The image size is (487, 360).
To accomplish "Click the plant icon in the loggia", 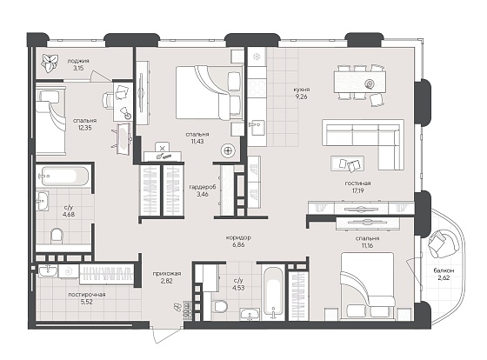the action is click(50, 63).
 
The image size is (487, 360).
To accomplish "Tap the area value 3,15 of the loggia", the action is click(78, 68).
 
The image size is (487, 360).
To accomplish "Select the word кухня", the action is click(301, 90).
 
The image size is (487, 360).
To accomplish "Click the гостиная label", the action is click(357, 183).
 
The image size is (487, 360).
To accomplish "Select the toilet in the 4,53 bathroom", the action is click(221, 306).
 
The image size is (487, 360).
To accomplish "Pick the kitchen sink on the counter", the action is click(257, 128).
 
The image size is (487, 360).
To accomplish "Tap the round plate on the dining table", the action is click(370, 83).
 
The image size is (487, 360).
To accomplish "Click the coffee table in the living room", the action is click(348, 163).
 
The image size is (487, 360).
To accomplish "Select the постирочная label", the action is click(87, 295).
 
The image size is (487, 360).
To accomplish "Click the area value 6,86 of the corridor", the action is click(238, 244).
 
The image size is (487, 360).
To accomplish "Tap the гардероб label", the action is click(203, 187).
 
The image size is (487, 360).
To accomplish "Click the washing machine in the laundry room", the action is click(69, 271).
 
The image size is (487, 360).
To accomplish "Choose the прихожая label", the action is click(167, 274).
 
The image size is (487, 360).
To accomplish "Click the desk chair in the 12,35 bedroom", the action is click(108, 100).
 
